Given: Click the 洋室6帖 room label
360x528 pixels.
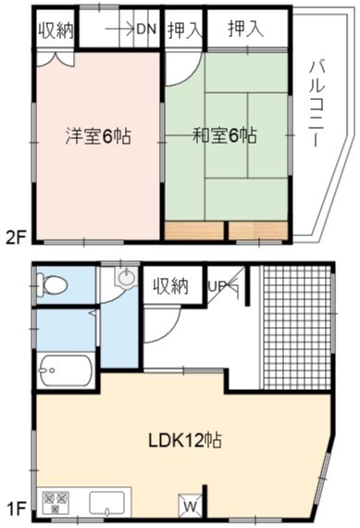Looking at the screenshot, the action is click(x=98, y=135).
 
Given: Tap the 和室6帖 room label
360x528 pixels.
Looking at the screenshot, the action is click(x=224, y=135).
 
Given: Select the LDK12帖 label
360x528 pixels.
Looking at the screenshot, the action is click(x=185, y=440).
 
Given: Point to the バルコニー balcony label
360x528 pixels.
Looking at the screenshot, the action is click(x=317, y=104).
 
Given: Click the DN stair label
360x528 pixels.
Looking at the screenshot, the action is click(x=146, y=30).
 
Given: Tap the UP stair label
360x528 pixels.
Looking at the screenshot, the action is click(x=217, y=286).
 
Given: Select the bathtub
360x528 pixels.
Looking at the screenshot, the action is click(x=66, y=371).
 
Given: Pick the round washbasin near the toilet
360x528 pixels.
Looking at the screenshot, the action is click(x=127, y=277).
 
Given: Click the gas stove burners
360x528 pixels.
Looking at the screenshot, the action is click(x=56, y=502).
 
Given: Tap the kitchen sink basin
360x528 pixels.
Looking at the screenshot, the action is click(x=107, y=502).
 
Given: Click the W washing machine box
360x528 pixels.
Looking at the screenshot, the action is click(x=190, y=504).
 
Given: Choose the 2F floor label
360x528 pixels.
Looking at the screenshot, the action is click(x=16, y=238).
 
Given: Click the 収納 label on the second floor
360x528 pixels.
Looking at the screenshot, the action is click(x=56, y=31).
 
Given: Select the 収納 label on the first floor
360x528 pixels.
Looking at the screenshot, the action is click(x=171, y=286).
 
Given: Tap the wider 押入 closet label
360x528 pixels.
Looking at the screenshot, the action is click(x=245, y=29).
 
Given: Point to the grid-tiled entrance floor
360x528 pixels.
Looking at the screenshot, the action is click(x=295, y=327).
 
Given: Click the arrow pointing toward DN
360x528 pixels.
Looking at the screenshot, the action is click(x=120, y=30).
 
